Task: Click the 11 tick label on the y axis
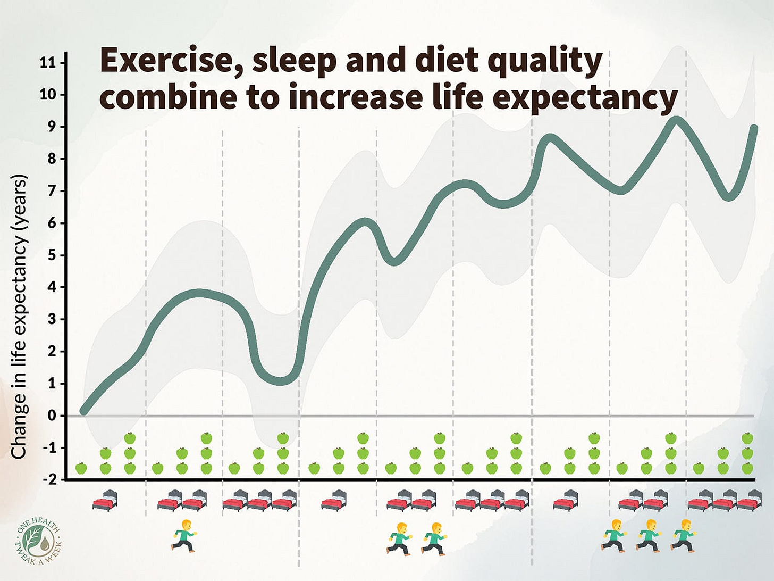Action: point(47,63)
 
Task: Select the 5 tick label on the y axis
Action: point(52,255)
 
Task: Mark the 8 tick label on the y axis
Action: point(52,159)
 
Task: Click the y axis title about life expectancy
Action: point(19,317)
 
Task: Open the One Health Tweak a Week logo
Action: point(39,539)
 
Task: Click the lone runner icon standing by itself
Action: point(184,535)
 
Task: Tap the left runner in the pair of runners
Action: point(399,538)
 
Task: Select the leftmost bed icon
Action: point(105,501)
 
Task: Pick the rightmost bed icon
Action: point(750,501)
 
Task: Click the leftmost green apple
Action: point(81,468)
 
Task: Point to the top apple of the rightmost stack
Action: point(747,438)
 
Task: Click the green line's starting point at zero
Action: point(83,411)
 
